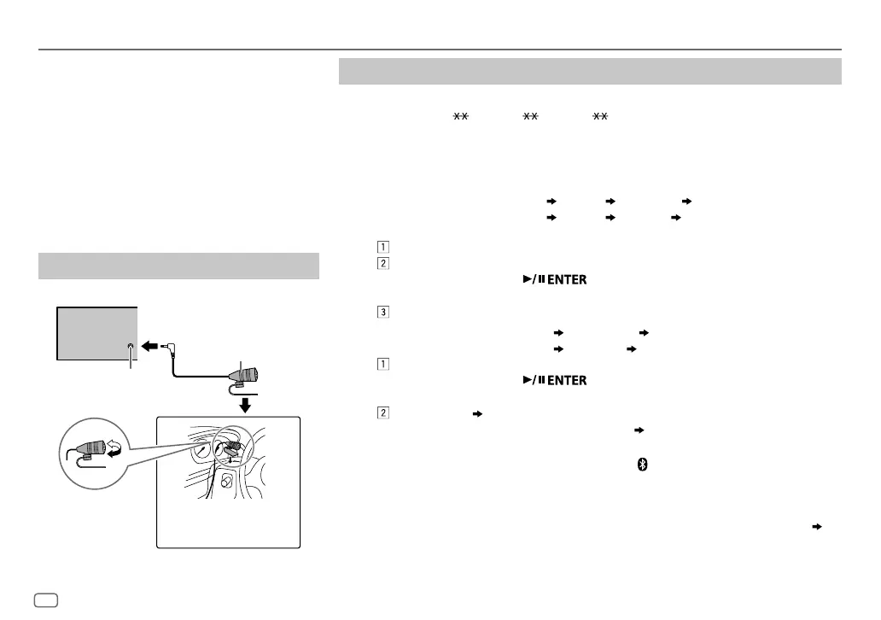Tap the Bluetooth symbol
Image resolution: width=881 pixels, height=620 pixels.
click(645, 463)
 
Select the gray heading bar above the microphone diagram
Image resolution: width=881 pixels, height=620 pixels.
click(179, 266)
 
